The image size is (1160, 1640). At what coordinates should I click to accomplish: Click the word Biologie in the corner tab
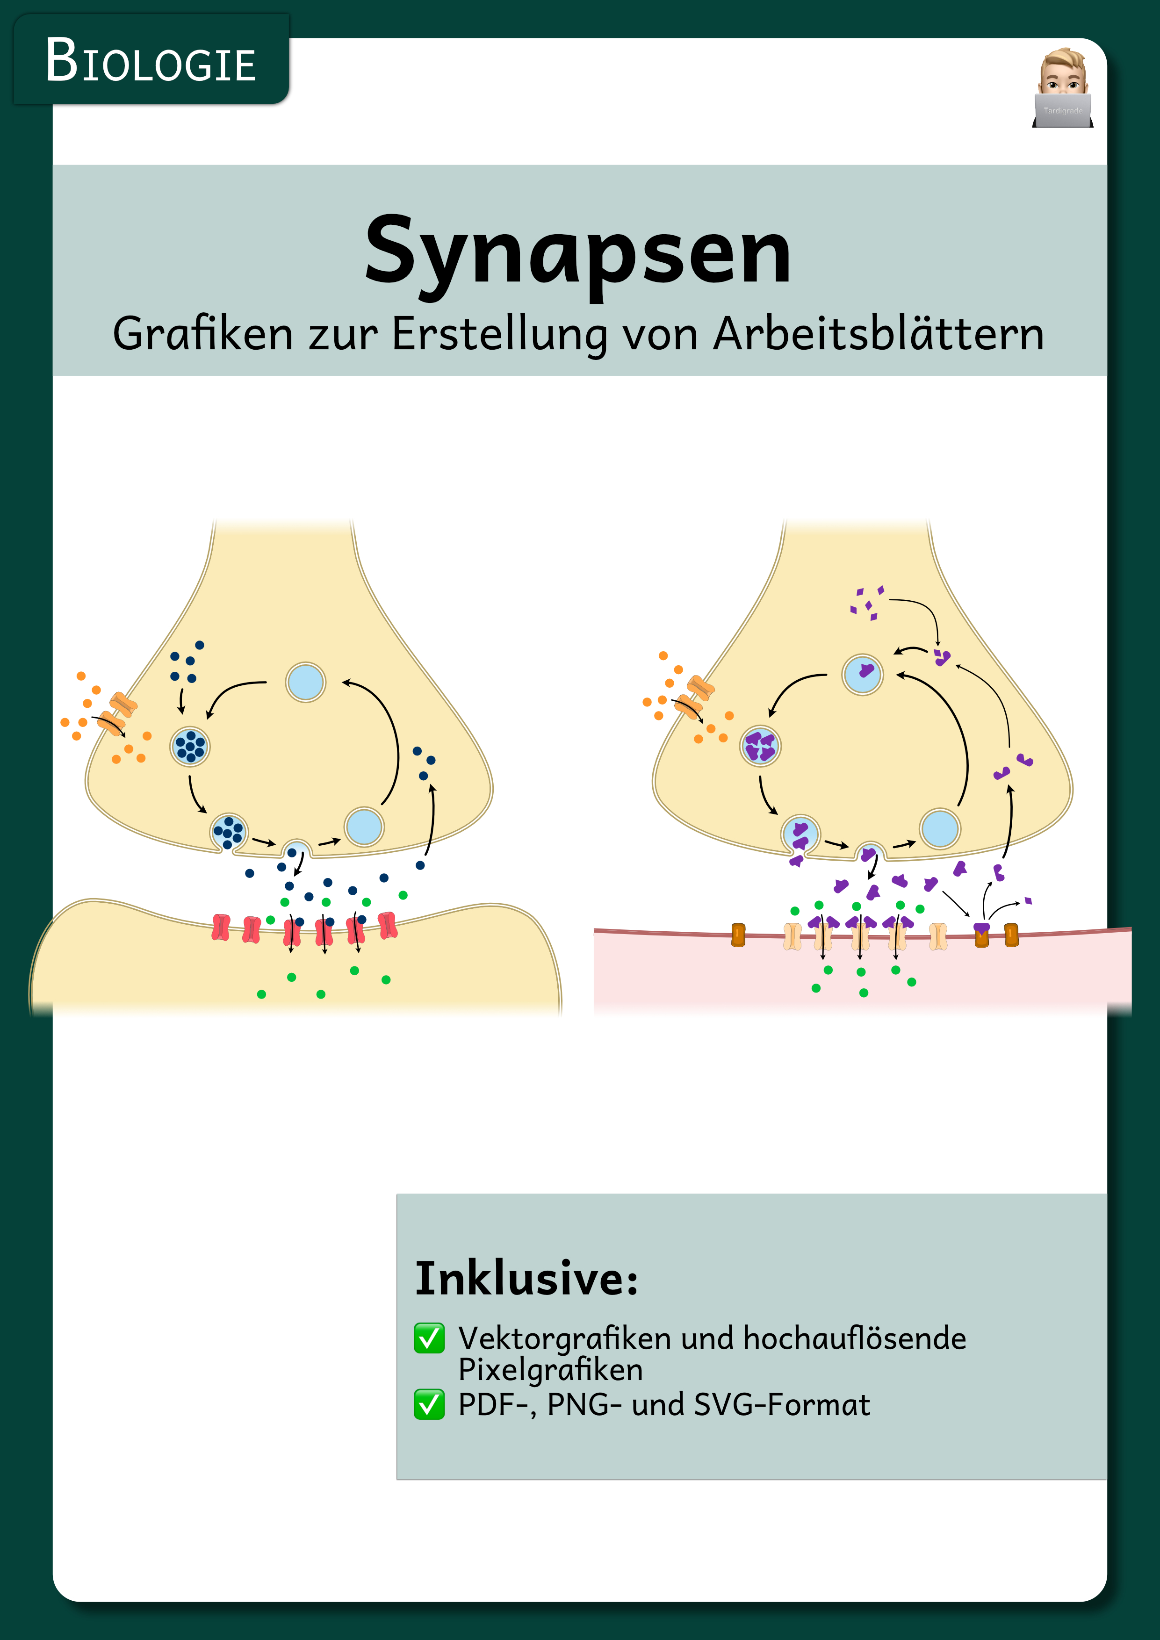[x=151, y=61]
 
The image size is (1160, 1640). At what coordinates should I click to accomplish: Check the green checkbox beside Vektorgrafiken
[x=429, y=1338]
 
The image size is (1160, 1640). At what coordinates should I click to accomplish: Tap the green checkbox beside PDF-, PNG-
[x=429, y=1404]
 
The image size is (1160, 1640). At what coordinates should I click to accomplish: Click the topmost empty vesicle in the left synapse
[x=306, y=682]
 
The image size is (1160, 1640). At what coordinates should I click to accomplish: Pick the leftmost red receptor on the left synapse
[x=221, y=927]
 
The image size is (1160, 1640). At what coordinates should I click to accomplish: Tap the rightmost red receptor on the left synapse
[x=387, y=925]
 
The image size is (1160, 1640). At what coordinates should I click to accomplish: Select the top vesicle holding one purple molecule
[x=863, y=674]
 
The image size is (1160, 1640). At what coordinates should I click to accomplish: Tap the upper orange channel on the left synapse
[x=123, y=704]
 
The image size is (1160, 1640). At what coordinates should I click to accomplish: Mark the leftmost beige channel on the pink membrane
[x=793, y=936]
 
